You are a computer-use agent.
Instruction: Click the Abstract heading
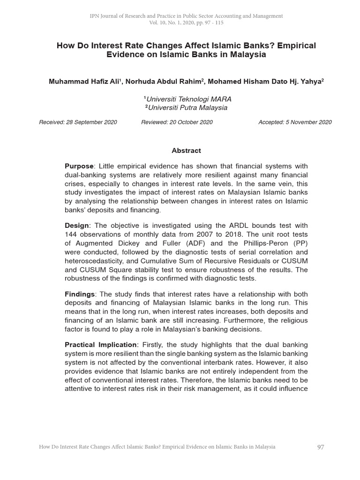coord(186,150)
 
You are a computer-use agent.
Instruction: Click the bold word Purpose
coord(79,166)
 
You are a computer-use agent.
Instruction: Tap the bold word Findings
coord(79,294)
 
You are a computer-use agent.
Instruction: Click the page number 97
coord(321,447)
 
